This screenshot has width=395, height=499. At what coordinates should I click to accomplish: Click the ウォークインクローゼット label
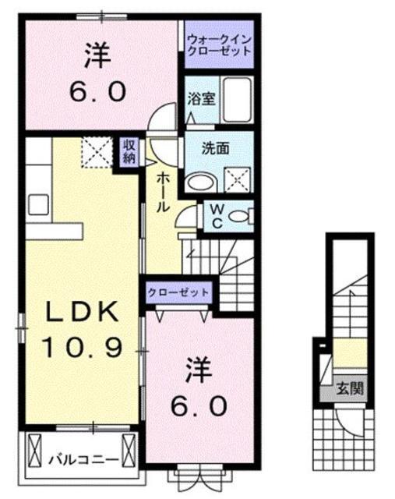tap(219, 44)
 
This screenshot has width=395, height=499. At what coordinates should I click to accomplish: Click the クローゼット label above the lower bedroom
tap(178, 292)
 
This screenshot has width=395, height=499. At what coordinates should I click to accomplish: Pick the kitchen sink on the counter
tap(37, 207)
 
